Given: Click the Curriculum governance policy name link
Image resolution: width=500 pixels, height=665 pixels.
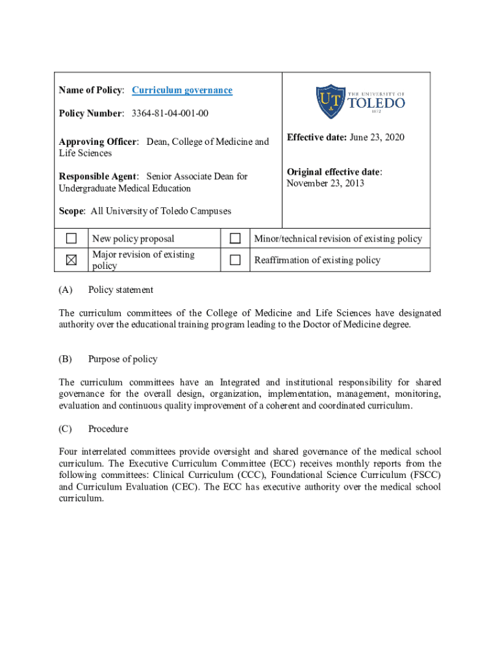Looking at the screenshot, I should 182,90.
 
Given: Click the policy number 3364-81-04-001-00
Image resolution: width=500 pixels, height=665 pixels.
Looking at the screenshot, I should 170,114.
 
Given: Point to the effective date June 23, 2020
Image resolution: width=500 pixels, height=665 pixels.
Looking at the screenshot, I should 376,137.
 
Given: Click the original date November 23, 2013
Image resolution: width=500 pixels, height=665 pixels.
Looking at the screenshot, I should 325,183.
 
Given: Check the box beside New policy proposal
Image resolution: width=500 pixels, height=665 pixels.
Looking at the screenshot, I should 71,238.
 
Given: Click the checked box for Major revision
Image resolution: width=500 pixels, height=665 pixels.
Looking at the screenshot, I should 71,260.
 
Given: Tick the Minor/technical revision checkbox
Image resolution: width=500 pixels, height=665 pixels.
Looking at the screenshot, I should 235,238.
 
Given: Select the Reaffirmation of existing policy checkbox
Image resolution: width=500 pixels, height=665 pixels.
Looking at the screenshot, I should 235,260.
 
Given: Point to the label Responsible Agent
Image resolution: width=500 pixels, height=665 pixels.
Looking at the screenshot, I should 98,177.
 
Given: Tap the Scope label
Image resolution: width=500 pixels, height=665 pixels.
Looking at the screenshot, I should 71,211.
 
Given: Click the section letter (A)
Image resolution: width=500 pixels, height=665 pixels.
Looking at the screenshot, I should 66,290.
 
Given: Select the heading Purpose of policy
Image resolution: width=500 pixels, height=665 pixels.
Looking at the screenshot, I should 123,359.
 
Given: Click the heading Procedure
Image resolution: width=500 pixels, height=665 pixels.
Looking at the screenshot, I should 108,429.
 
